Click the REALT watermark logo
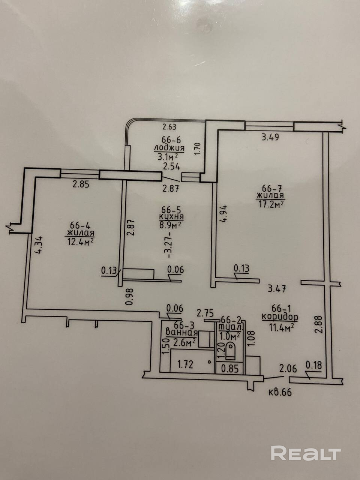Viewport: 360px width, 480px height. pyautogui.click(x=305, y=453)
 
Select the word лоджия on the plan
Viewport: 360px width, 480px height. pyautogui.click(x=169, y=148)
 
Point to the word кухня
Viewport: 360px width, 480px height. pyautogui.click(x=171, y=217)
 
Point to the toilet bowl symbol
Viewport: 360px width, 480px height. pyautogui.click(x=230, y=352)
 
